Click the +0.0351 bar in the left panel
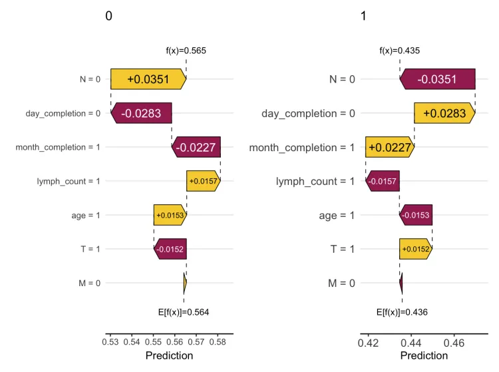click(x=148, y=79)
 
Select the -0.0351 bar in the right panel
click(x=437, y=79)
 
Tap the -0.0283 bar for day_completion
click(x=141, y=113)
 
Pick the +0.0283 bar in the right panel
click(x=444, y=113)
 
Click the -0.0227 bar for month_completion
click(x=196, y=147)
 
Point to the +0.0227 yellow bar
click(x=389, y=147)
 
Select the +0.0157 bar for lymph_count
click(x=203, y=181)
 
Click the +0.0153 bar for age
click(x=170, y=215)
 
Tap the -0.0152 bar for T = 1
click(x=170, y=249)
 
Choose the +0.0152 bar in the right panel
click(x=415, y=249)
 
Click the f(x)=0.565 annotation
click(x=186, y=50)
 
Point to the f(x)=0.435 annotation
click(x=400, y=50)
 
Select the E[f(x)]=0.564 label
click(x=184, y=311)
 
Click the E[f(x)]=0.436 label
click(x=402, y=311)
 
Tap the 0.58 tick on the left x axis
click(x=218, y=343)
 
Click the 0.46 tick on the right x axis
click(x=454, y=343)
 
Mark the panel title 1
click(x=363, y=17)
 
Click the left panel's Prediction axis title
click(x=169, y=356)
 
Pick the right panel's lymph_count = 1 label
click(x=315, y=181)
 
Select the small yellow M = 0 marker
click(x=185, y=283)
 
